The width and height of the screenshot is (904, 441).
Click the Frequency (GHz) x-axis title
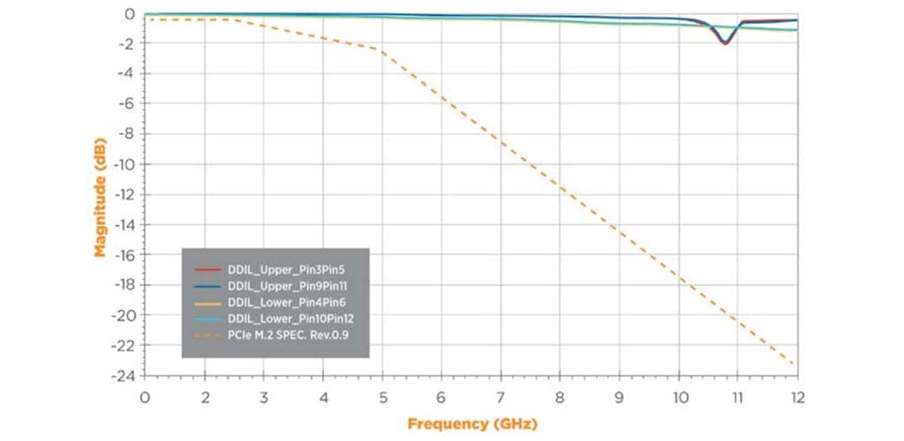[x=471, y=423]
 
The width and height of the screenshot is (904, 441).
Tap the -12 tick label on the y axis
[x=123, y=195]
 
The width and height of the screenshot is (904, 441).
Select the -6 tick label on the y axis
[x=126, y=104]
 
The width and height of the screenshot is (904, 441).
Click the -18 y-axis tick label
[x=123, y=285]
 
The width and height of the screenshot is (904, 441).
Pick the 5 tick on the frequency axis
[x=382, y=396]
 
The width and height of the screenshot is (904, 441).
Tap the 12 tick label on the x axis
[x=798, y=396]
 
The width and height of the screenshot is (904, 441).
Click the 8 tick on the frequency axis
[x=561, y=396]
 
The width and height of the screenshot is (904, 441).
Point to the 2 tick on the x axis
[x=204, y=396]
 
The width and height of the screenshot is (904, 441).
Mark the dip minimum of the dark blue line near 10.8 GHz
[x=725, y=42]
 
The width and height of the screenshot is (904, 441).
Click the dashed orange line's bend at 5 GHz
[x=382, y=51]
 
